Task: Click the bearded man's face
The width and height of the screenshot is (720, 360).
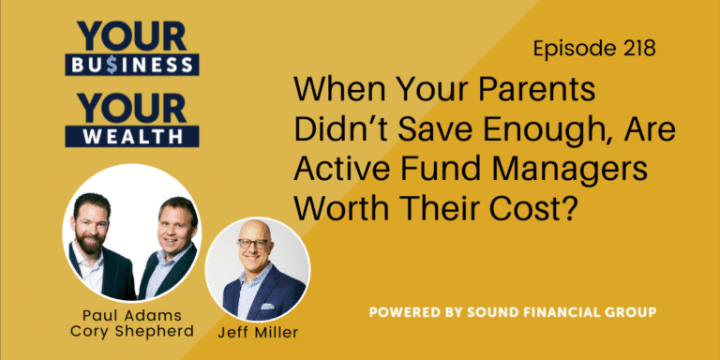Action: coord(102,224)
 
